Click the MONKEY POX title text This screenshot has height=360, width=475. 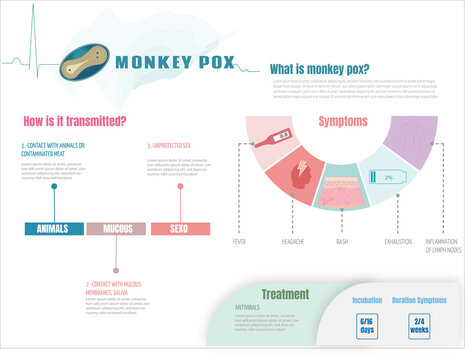175,62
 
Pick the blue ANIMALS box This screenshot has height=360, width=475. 52,229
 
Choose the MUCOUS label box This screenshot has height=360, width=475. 116,229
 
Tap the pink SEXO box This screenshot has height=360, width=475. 180,229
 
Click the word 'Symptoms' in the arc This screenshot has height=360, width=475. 343,121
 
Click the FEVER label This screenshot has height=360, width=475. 239,241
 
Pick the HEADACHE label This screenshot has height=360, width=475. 292,241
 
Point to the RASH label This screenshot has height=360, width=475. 342,241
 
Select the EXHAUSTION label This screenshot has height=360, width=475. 396,241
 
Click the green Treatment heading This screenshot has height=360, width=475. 285,294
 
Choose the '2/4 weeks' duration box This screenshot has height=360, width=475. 419,326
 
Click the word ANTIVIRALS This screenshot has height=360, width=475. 247,306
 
